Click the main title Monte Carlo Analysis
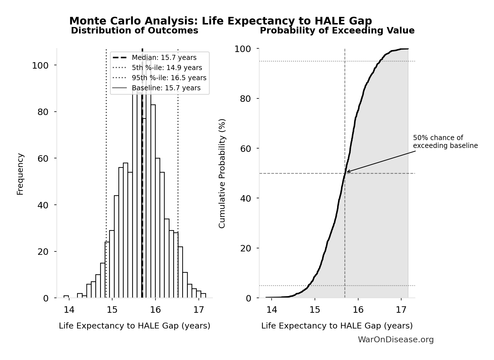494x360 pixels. pyautogui.click(x=220, y=21)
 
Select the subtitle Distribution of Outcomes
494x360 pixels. pyautogui.click(x=134, y=31)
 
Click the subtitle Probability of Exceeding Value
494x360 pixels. pyautogui.click(x=337, y=31)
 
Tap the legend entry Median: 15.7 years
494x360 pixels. pyautogui.click(x=164, y=58)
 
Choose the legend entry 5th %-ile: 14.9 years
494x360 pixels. pyautogui.click(x=167, y=68)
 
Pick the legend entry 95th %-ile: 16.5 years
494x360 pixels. pyautogui.click(x=169, y=78)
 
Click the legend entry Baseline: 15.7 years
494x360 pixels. pyautogui.click(x=166, y=88)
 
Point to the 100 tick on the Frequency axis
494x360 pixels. pyautogui.click(x=40, y=66)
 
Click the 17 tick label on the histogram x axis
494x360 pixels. pyautogui.click(x=198, y=310)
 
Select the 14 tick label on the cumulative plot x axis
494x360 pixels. pyautogui.click(x=272, y=310)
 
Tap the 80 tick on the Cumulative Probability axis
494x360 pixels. pyautogui.click(x=245, y=99)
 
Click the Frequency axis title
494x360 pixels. pyautogui.click(x=20, y=174)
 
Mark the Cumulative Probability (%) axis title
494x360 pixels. pyautogui.click(x=222, y=173)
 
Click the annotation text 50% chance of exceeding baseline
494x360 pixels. pyautogui.click(x=445, y=142)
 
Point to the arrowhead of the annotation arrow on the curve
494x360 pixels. pyautogui.click(x=347, y=172)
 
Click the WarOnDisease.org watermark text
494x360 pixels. pyautogui.click(x=396, y=340)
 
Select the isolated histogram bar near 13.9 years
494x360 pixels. pyautogui.click(x=66, y=296)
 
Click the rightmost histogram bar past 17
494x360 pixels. pyautogui.click(x=203, y=296)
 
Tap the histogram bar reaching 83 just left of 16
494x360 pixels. pyautogui.click(x=153, y=201)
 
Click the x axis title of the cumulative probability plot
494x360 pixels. pyautogui.click(x=337, y=326)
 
